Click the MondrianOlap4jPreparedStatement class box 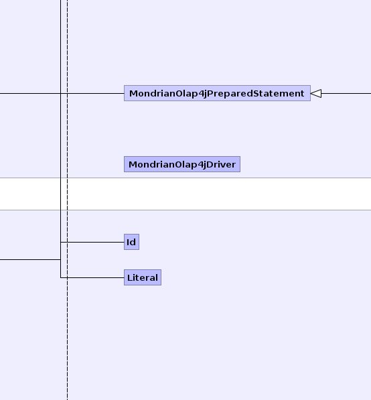[217, 93]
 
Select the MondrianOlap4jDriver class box [182, 164]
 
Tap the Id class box [131, 242]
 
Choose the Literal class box [143, 277]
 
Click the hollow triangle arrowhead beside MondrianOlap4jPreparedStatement [316, 93]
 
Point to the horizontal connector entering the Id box [92, 242]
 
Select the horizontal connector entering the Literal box [92, 277]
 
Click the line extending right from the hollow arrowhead [346, 93]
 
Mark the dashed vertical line [68, 200]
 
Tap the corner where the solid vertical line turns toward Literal [61, 277]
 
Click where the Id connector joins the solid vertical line [61, 242]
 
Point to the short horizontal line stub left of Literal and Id [30, 260]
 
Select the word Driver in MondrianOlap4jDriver [221, 164]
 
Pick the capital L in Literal [129, 277]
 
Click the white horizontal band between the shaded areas [185, 194]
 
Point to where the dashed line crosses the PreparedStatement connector [68, 93]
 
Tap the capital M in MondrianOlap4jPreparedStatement [133, 93]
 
